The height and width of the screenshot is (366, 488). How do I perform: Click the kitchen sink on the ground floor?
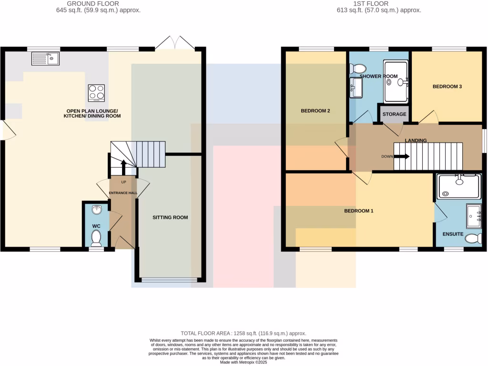45,59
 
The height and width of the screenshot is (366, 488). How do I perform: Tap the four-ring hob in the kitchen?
96,93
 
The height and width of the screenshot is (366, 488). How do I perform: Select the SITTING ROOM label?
170,217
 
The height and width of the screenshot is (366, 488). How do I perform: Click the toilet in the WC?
97,237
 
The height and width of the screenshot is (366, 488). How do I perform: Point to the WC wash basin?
97,210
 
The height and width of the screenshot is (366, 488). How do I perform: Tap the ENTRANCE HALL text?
123,193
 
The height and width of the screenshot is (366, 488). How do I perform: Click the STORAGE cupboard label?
394,114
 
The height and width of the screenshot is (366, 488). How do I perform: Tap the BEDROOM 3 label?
447,87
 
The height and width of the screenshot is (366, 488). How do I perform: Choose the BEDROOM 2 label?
315,111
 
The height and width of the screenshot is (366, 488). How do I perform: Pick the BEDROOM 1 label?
358,211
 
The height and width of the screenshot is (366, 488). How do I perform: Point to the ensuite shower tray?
459,186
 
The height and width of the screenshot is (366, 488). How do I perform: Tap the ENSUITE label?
453,234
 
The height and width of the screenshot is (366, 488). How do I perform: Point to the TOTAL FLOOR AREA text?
243,334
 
